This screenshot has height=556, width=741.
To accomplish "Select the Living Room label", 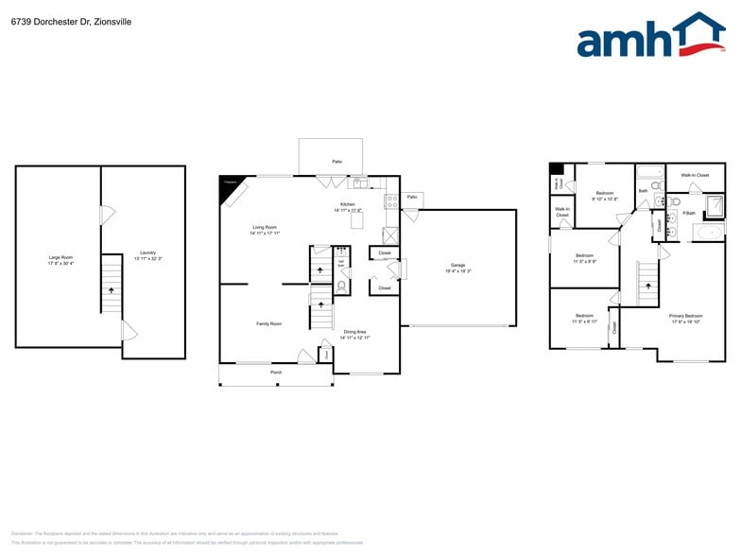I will (x=264, y=229).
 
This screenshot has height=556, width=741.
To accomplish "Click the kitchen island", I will (x=357, y=220).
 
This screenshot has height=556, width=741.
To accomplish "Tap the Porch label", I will (x=276, y=373).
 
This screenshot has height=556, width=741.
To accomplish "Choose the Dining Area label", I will (x=355, y=333).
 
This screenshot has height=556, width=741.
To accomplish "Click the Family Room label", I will (x=268, y=323).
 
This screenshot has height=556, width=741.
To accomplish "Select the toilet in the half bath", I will (x=342, y=283).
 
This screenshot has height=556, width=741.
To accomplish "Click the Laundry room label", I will (x=148, y=254).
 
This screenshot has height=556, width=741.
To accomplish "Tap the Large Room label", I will (x=60, y=259).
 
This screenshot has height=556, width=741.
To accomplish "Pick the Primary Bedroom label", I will (x=686, y=318).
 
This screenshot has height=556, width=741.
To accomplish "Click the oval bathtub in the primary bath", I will (x=710, y=230).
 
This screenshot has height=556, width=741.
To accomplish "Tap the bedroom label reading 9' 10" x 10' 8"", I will (x=605, y=196).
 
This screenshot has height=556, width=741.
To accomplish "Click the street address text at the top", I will (x=59, y=22).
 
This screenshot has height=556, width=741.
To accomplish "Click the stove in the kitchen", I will (x=390, y=200).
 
